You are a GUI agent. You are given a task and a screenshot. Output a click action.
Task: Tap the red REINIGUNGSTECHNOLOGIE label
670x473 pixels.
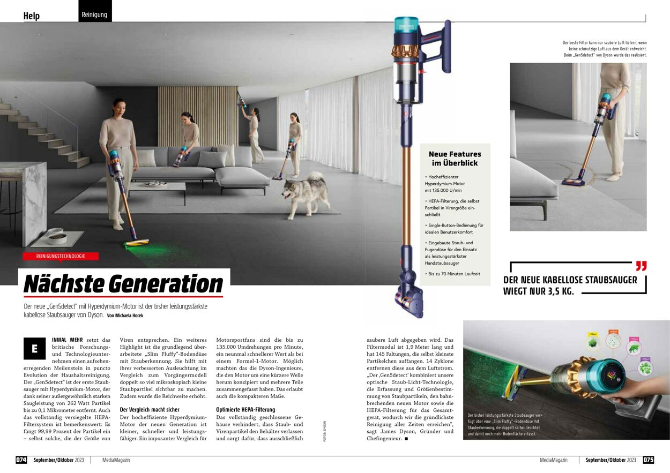[61, 256]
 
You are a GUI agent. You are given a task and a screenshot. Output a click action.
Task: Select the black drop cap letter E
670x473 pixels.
[35, 349]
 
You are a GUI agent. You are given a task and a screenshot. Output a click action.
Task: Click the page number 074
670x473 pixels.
[21, 460]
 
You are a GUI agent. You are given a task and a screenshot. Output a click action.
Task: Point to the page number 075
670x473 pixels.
[648, 460]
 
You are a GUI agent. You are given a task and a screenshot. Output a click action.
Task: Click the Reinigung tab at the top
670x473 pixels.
[94, 14]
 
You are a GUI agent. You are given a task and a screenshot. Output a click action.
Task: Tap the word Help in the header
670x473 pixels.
[32, 16]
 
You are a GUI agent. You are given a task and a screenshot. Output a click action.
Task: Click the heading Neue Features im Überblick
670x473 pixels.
[455, 159]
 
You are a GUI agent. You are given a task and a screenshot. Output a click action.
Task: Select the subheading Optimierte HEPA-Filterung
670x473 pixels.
[245, 409]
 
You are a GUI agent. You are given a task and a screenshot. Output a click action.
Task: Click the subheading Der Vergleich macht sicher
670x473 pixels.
[150, 409]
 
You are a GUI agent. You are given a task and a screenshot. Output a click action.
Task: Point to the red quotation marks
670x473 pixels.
[641, 266]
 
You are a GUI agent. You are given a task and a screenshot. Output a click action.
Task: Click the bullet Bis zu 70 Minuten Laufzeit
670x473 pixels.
[453, 274]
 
